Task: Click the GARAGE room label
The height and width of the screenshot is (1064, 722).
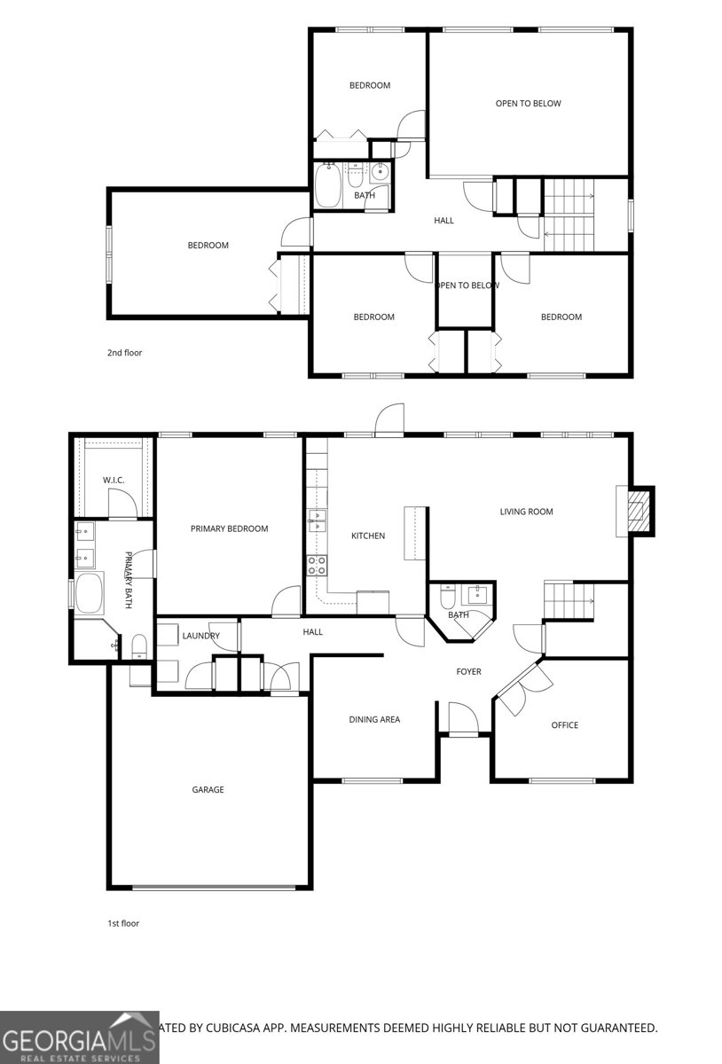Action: (x=208, y=789)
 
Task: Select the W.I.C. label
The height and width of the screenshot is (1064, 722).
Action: (x=114, y=480)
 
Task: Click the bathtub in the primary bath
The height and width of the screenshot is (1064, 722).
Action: (x=89, y=593)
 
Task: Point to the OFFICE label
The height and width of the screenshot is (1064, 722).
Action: (x=564, y=725)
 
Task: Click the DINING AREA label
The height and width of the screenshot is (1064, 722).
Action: (x=373, y=719)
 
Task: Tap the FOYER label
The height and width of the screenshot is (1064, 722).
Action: (x=468, y=671)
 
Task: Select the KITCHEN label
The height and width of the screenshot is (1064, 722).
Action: (x=368, y=536)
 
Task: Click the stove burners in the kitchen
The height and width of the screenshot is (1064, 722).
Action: (x=317, y=565)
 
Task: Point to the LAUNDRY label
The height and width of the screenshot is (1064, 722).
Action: (x=200, y=636)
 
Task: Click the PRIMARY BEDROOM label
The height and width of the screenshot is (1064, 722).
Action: (x=229, y=528)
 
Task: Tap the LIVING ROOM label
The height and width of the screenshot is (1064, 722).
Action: (x=526, y=512)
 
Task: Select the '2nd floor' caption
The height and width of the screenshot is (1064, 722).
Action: (x=124, y=353)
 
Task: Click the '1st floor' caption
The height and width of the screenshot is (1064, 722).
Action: (x=123, y=923)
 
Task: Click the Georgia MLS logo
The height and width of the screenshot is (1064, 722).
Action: (x=80, y=1037)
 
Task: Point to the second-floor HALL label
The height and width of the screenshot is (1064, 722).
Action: (x=443, y=220)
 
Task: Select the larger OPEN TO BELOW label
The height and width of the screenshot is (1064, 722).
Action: (x=528, y=104)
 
